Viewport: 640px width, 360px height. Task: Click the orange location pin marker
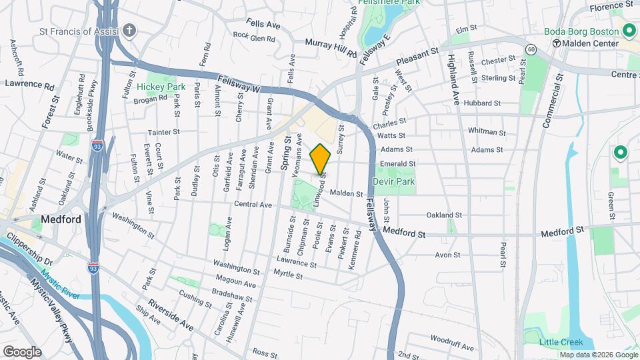point(321,159)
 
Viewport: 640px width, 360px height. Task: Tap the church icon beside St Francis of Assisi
point(129,30)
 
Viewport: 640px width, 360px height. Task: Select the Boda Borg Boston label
point(582,31)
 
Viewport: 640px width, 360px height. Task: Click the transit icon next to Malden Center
point(557,43)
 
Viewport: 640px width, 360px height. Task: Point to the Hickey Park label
point(161,87)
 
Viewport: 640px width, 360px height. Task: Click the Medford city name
point(61,219)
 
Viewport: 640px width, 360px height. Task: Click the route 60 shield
point(531,49)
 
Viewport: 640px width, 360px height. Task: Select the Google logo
point(22,352)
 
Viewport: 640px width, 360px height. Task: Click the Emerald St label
point(397,163)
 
